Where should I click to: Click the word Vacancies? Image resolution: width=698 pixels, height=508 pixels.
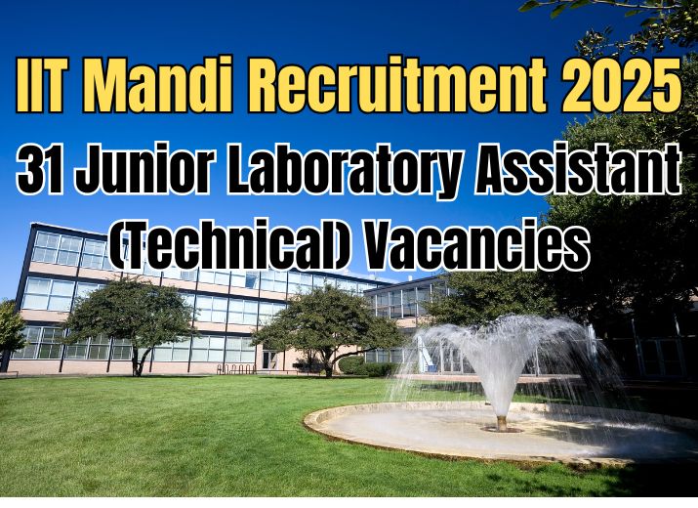click(x=465, y=249)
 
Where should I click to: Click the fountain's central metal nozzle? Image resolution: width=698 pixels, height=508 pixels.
click(x=502, y=422)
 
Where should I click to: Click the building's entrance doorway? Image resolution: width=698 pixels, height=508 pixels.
click(x=268, y=359)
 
